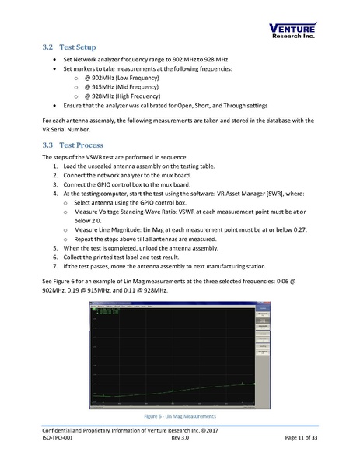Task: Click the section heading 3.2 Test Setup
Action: (x=72, y=47)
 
